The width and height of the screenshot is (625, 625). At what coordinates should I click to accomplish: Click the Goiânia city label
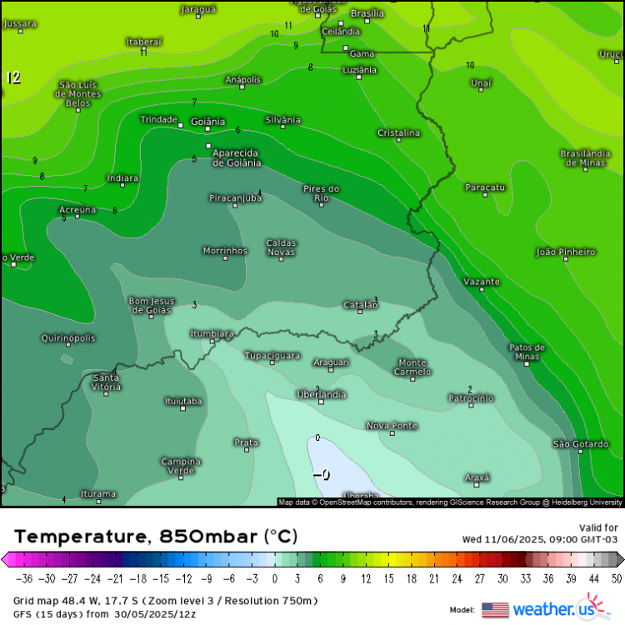pos(208,122)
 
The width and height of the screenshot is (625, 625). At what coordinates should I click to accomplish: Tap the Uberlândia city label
pos(321,394)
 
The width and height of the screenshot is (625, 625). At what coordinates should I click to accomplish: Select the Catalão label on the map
pos(360,305)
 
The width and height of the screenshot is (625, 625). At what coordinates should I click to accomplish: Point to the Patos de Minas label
pos(527,352)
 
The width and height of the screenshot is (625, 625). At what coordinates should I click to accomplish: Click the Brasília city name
pos(367,13)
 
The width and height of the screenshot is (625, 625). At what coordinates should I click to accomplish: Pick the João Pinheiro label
pos(566,252)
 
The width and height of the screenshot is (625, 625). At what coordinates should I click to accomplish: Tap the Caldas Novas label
pos(282,247)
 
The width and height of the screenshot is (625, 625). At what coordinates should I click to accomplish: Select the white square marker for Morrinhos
pos(225,259)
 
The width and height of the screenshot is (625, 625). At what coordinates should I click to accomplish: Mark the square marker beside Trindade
pos(181,125)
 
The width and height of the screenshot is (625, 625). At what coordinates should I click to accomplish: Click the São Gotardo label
pos(581,444)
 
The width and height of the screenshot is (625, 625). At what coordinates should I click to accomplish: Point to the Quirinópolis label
pos(68,338)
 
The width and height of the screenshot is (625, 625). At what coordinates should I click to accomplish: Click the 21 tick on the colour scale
pos(433,578)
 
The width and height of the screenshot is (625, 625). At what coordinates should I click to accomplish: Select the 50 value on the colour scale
pos(615,578)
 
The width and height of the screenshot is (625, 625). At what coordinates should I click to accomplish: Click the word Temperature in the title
pos(74,536)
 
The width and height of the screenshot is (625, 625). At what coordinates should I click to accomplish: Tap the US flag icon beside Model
pos(495,609)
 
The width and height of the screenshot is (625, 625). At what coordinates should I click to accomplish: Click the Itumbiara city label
pos(212,333)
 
